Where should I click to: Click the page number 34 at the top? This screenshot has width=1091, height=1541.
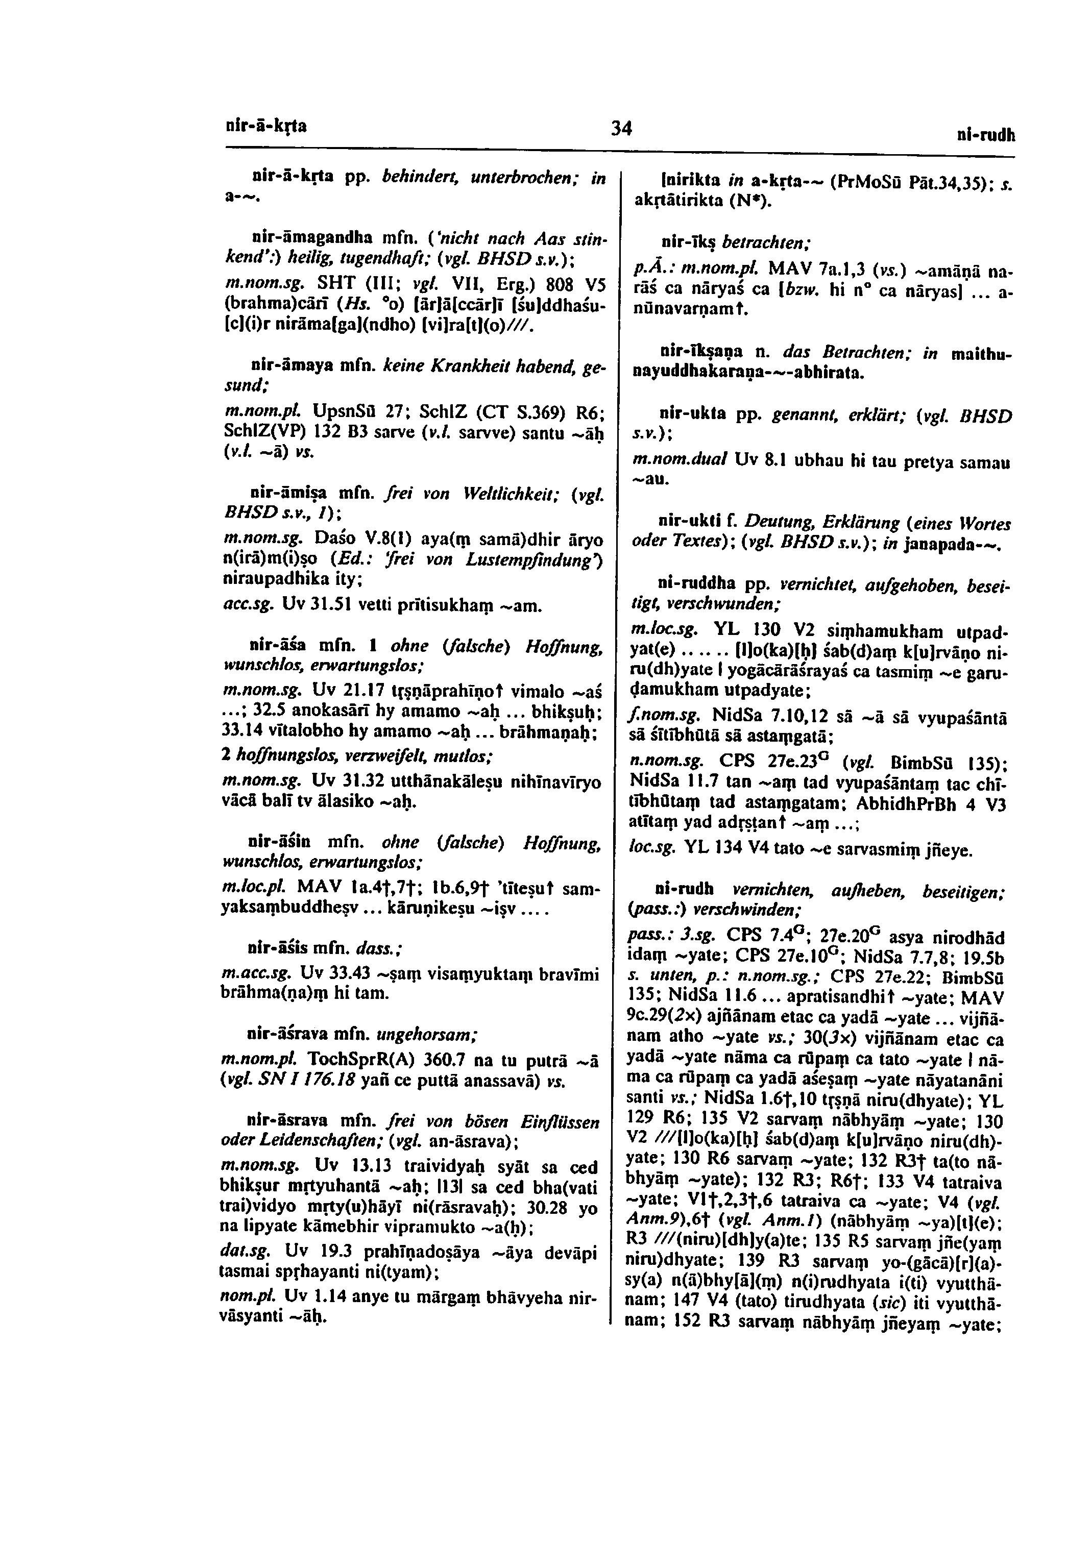pos(622,127)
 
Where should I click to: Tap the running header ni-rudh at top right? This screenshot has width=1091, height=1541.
pos(985,136)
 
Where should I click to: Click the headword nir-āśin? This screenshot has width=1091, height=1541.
pos(278,842)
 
